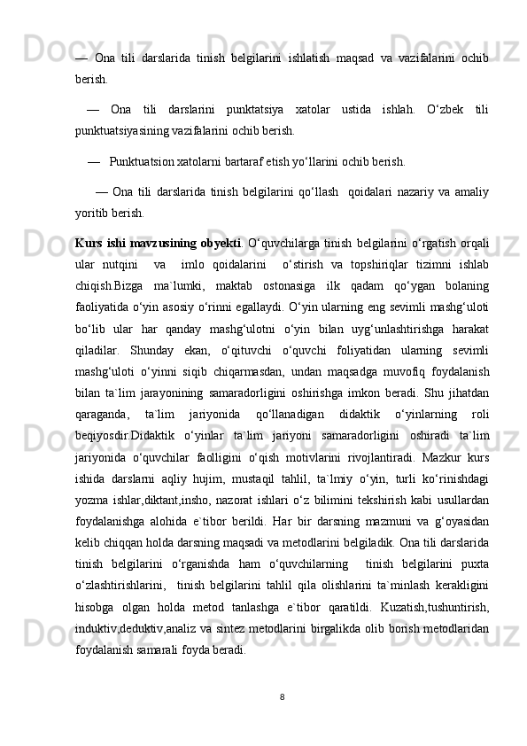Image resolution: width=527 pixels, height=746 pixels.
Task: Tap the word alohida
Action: coord(173,567)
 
